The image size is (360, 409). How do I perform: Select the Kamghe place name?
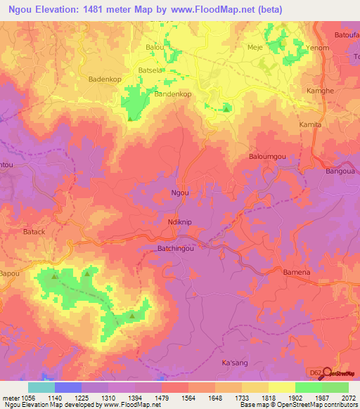pyautogui.click(x=321, y=92)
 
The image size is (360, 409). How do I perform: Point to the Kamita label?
pyautogui.click(x=310, y=124)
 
